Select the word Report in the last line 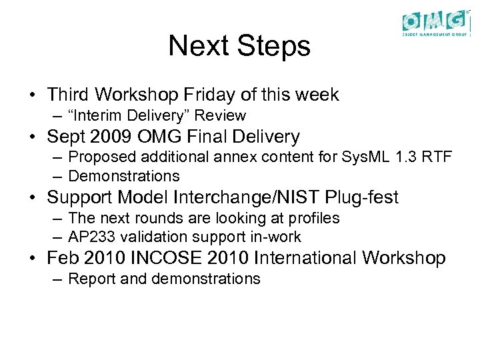92,279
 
